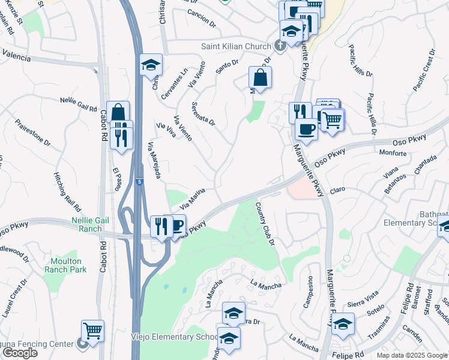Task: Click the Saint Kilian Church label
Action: tap(237, 46)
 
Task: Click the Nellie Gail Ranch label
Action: tap(90, 224)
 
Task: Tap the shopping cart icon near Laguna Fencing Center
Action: tap(93, 331)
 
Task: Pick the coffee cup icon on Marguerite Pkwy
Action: tap(306, 130)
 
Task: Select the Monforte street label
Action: tap(393, 153)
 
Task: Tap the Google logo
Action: tap(20, 353)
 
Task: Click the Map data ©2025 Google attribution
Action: tap(412, 355)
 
